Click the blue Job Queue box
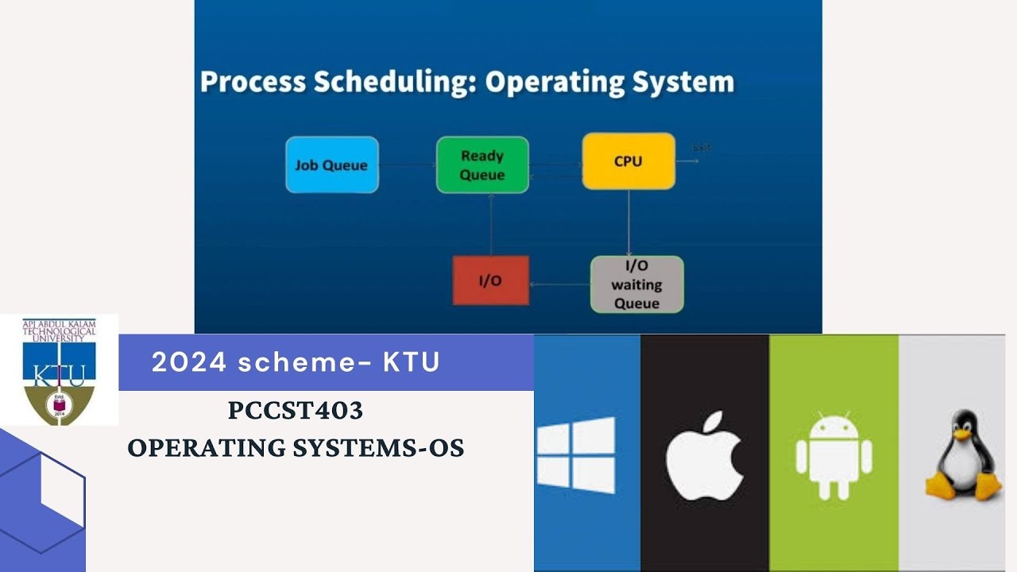332,165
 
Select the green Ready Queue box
482,165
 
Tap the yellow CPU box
628,161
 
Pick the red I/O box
490,280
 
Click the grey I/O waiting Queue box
636,284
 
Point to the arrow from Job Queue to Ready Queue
407,165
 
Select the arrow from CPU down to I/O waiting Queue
628,222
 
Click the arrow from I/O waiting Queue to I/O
559,284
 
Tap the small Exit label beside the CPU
702,148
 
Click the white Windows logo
575,455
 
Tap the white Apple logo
705,455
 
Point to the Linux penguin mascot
961,455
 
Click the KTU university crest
59,370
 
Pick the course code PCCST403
296,411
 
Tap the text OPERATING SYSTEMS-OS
296,448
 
